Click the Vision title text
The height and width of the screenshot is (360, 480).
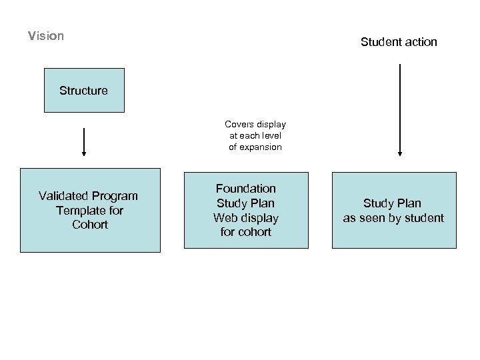tap(46, 36)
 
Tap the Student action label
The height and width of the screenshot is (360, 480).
tap(399, 42)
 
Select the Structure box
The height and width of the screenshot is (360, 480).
tap(83, 90)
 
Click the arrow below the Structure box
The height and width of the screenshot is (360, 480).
tap(84, 141)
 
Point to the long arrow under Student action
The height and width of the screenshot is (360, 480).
tap(399, 110)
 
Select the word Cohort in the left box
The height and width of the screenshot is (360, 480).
tap(90, 225)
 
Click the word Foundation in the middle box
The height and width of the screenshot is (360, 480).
tap(245, 189)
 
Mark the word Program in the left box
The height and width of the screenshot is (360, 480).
tap(115, 196)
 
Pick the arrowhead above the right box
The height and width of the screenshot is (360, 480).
tap(399, 153)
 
